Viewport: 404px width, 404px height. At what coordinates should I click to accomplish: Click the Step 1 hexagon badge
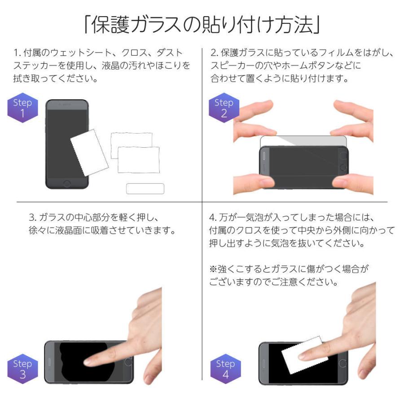coord(22,108)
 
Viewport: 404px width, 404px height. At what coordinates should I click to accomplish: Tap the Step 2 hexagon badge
coord(224,108)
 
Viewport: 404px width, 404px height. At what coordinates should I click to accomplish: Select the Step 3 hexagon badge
coord(22,369)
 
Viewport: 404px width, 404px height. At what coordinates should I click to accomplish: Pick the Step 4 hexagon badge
coord(225,369)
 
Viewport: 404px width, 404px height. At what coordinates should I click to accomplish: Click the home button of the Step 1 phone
coord(67,183)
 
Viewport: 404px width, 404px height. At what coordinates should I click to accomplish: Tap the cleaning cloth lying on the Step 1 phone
coord(89,153)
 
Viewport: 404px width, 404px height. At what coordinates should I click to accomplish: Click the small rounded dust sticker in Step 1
coord(145,189)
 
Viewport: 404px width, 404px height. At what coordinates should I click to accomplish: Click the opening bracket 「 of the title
coord(87,26)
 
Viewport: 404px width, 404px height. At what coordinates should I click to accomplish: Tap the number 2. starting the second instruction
coord(214,53)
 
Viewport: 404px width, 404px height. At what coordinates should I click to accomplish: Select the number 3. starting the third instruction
coord(32,218)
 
